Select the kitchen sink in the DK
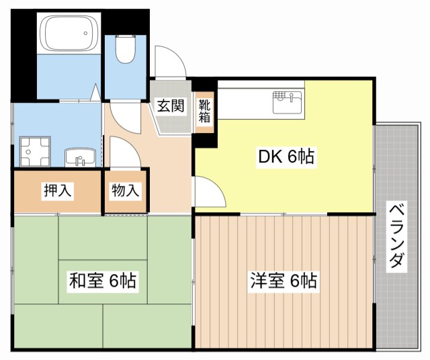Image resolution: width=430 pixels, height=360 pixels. (x=288, y=103)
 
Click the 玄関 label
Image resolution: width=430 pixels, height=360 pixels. (x=171, y=106)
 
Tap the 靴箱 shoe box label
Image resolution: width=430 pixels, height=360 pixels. (x=204, y=111)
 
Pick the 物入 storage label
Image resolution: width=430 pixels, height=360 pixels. (x=126, y=190)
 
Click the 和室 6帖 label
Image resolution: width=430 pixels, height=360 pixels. (x=103, y=281)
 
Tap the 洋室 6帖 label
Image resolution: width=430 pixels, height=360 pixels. (x=283, y=281)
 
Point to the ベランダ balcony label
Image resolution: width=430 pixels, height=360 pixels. (x=397, y=235)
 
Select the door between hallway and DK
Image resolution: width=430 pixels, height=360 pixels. (x=208, y=193)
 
